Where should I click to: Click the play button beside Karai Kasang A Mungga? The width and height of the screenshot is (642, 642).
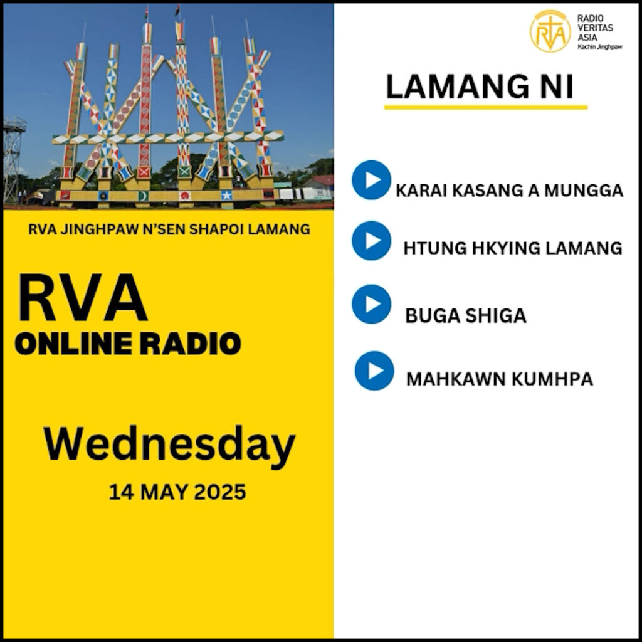tap(371, 180)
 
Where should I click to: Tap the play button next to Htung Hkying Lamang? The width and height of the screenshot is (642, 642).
tap(371, 240)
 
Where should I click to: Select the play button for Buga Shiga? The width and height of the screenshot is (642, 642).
tap(371, 304)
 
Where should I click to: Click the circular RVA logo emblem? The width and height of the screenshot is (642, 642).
tap(550, 31)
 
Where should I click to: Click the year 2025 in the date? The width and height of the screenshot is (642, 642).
tap(219, 492)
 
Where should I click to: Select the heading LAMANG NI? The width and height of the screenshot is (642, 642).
tap(479, 87)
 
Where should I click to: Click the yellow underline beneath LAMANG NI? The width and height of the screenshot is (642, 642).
tap(486, 107)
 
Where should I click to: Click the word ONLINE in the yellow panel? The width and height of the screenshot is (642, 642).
tap(74, 343)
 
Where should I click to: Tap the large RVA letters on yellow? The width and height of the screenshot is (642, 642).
tap(82, 298)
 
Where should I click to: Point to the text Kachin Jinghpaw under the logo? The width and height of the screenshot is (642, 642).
tap(600, 46)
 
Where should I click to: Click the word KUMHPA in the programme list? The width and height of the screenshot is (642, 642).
tap(552, 379)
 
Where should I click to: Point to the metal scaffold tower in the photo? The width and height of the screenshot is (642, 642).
tap(13, 160)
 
